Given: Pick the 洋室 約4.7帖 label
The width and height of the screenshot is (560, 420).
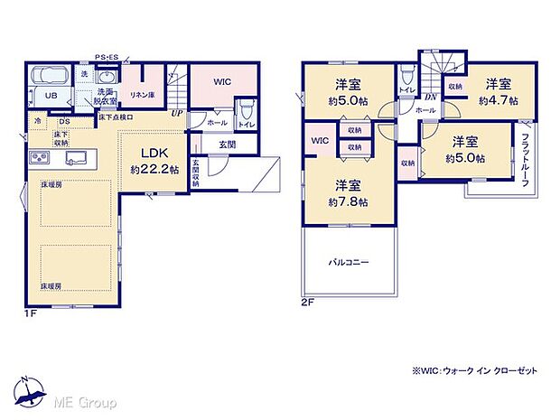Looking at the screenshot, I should coord(496,92).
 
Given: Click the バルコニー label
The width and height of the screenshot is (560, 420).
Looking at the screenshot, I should coord(348,262).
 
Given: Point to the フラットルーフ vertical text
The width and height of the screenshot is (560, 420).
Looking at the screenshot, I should coord(525,160).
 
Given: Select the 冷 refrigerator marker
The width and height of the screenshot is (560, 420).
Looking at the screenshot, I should coord(38,120).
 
